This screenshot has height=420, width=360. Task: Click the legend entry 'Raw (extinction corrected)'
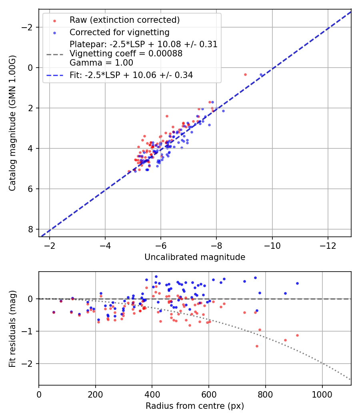[x=124, y=20]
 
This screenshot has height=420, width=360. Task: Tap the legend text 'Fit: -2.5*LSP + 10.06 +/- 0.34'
[x=131, y=75]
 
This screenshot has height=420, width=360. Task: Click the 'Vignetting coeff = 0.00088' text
[x=126, y=54]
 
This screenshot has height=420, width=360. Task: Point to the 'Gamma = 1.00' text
[x=101, y=63]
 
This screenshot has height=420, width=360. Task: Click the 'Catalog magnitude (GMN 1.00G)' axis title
[x=13, y=123]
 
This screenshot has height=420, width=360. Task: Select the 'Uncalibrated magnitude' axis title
[x=195, y=257]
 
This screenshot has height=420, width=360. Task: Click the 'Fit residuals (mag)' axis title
[x=13, y=328]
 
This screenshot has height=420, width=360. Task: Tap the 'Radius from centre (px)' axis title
[x=195, y=406]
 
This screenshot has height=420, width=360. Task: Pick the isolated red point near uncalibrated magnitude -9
[x=245, y=74]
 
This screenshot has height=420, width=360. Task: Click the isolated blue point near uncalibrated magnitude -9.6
[x=261, y=74]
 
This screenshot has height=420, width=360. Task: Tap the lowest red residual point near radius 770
[x=257, y=346]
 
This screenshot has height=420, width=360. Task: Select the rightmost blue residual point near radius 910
[x=297, y=283]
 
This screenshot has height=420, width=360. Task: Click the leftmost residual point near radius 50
[x=54, y=312]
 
